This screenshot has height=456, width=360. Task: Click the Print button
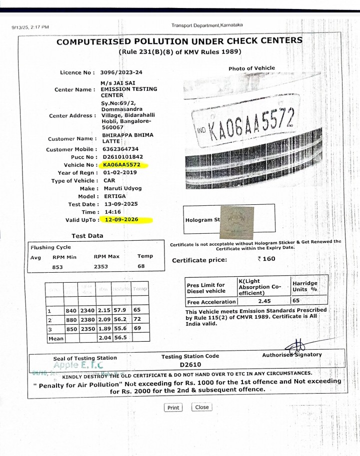point(173,408)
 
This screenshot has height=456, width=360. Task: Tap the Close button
point(202,407)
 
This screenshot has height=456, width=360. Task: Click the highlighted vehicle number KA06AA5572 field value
point(121,165)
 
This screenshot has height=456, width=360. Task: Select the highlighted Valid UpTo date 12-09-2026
point(121,220)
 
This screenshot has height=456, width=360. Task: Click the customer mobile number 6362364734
point(120,149)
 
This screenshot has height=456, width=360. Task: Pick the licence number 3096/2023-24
point(121,72)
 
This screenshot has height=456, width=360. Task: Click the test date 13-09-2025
point(121,204)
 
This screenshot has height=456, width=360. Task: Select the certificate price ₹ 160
point(266,259)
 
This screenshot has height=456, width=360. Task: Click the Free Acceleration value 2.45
point(264,302)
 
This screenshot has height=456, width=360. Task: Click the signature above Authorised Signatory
point(296,346)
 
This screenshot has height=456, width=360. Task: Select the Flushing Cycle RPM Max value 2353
point(101,267)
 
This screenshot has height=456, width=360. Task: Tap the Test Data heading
point(87,236)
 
